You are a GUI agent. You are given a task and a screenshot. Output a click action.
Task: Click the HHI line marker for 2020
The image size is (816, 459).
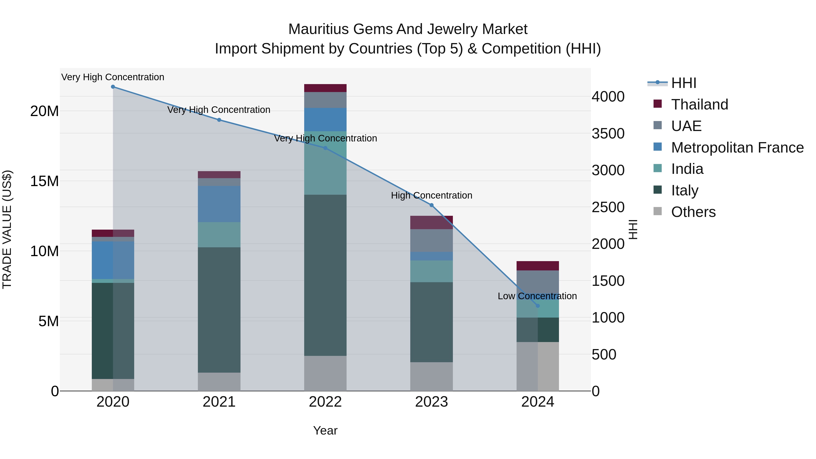113,87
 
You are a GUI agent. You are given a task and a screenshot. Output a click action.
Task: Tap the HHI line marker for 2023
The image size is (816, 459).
431,205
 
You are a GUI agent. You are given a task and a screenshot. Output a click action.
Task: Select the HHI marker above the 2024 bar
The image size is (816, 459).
538,306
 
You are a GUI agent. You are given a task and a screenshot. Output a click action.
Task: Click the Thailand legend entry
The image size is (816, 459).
699,104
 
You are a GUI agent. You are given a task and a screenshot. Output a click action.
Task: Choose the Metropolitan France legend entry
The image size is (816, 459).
737,148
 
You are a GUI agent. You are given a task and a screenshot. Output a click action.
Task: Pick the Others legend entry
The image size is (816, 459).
693,212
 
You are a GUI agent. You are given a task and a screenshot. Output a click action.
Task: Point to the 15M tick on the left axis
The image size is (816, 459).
44,181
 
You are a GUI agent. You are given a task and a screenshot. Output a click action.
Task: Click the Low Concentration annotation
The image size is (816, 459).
537,296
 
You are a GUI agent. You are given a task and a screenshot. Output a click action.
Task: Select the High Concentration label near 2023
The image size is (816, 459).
431,195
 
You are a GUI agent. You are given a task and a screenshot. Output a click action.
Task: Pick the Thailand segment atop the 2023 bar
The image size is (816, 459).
431,222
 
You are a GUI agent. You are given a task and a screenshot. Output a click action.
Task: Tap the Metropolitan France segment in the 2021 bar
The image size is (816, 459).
219,204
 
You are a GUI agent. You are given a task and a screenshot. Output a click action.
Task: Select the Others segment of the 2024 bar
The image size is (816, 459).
538,366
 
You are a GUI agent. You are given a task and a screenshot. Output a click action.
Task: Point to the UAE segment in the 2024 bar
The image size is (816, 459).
538,282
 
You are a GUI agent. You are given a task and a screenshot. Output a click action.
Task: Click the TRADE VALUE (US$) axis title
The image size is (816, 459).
7,229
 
